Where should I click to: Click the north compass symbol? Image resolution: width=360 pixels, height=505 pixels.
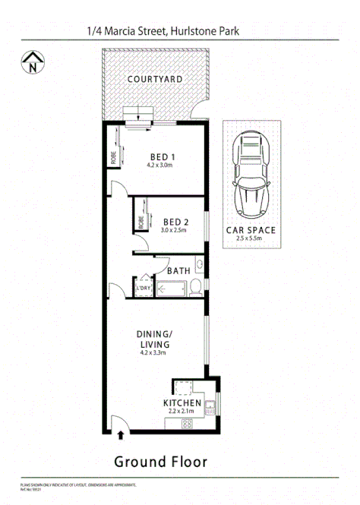pos(31,63)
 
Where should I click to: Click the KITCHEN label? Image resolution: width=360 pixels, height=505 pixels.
pos(182,402)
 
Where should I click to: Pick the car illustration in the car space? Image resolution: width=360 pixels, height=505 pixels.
pos(251,173)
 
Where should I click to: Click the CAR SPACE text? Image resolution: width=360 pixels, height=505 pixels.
pos(251,229)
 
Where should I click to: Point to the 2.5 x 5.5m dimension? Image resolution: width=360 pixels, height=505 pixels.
pos(251,238)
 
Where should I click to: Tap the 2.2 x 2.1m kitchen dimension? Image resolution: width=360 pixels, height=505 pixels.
pos(182,412)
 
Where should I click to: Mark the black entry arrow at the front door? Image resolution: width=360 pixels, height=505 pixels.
pos(119,435)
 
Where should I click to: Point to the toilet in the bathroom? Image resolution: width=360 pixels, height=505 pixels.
pos(196,286)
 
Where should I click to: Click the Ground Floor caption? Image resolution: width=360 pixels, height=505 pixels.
pos(160,461)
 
